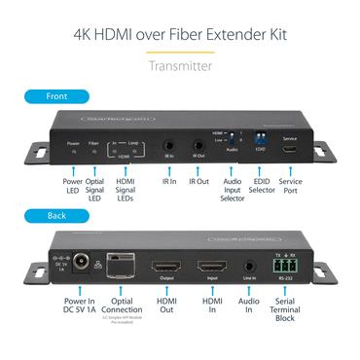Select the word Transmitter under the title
click(179, 67)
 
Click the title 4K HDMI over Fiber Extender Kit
click(180, 35)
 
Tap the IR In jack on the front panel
click(169, 142)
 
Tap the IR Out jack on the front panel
click(198, 142)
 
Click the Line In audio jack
click(249, 265)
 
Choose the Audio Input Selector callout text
click(231, 191)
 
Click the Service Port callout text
click(289, 186)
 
